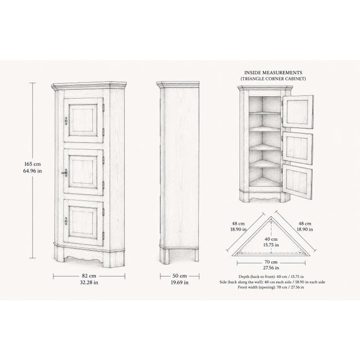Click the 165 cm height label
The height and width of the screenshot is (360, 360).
(33, 164)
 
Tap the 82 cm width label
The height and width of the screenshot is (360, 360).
(89, 276)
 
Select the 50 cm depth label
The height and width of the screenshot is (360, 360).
(179, 276)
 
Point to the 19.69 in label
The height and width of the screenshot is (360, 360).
(179, 282)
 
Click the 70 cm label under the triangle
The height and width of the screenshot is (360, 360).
(271, 262)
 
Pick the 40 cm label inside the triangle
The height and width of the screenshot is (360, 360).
(271, 239)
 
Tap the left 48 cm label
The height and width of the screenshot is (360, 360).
(238, 223)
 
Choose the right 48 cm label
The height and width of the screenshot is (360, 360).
(305, 223)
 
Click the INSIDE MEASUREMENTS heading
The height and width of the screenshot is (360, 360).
(273, 73)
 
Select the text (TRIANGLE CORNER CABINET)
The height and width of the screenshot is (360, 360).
(273, 79)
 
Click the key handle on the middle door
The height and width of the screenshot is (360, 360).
(65, 173)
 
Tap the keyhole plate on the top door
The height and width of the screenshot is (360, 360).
(66, 121)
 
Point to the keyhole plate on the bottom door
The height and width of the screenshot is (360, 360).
(66, 221)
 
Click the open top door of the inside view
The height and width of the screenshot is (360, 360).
(298, 112)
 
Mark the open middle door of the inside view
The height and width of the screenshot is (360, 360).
(298, 148)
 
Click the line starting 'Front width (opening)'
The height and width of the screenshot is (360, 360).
(271, 287)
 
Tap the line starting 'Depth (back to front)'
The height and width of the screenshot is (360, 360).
(271, 277)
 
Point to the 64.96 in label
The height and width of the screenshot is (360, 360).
(33, 171)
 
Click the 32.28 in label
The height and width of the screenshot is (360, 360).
(89, 282)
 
